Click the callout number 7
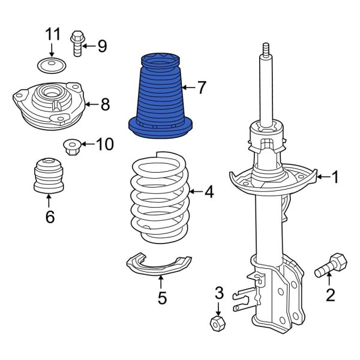point(201,88)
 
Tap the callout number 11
point(51,34)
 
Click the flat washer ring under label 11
point(50,64)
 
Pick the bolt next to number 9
point(77,43)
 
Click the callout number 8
point(105,104)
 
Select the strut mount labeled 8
point(48,104)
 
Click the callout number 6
point(49,216)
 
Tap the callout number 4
point(208,192)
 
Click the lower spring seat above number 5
point(158,265)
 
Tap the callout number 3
point(219,293)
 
